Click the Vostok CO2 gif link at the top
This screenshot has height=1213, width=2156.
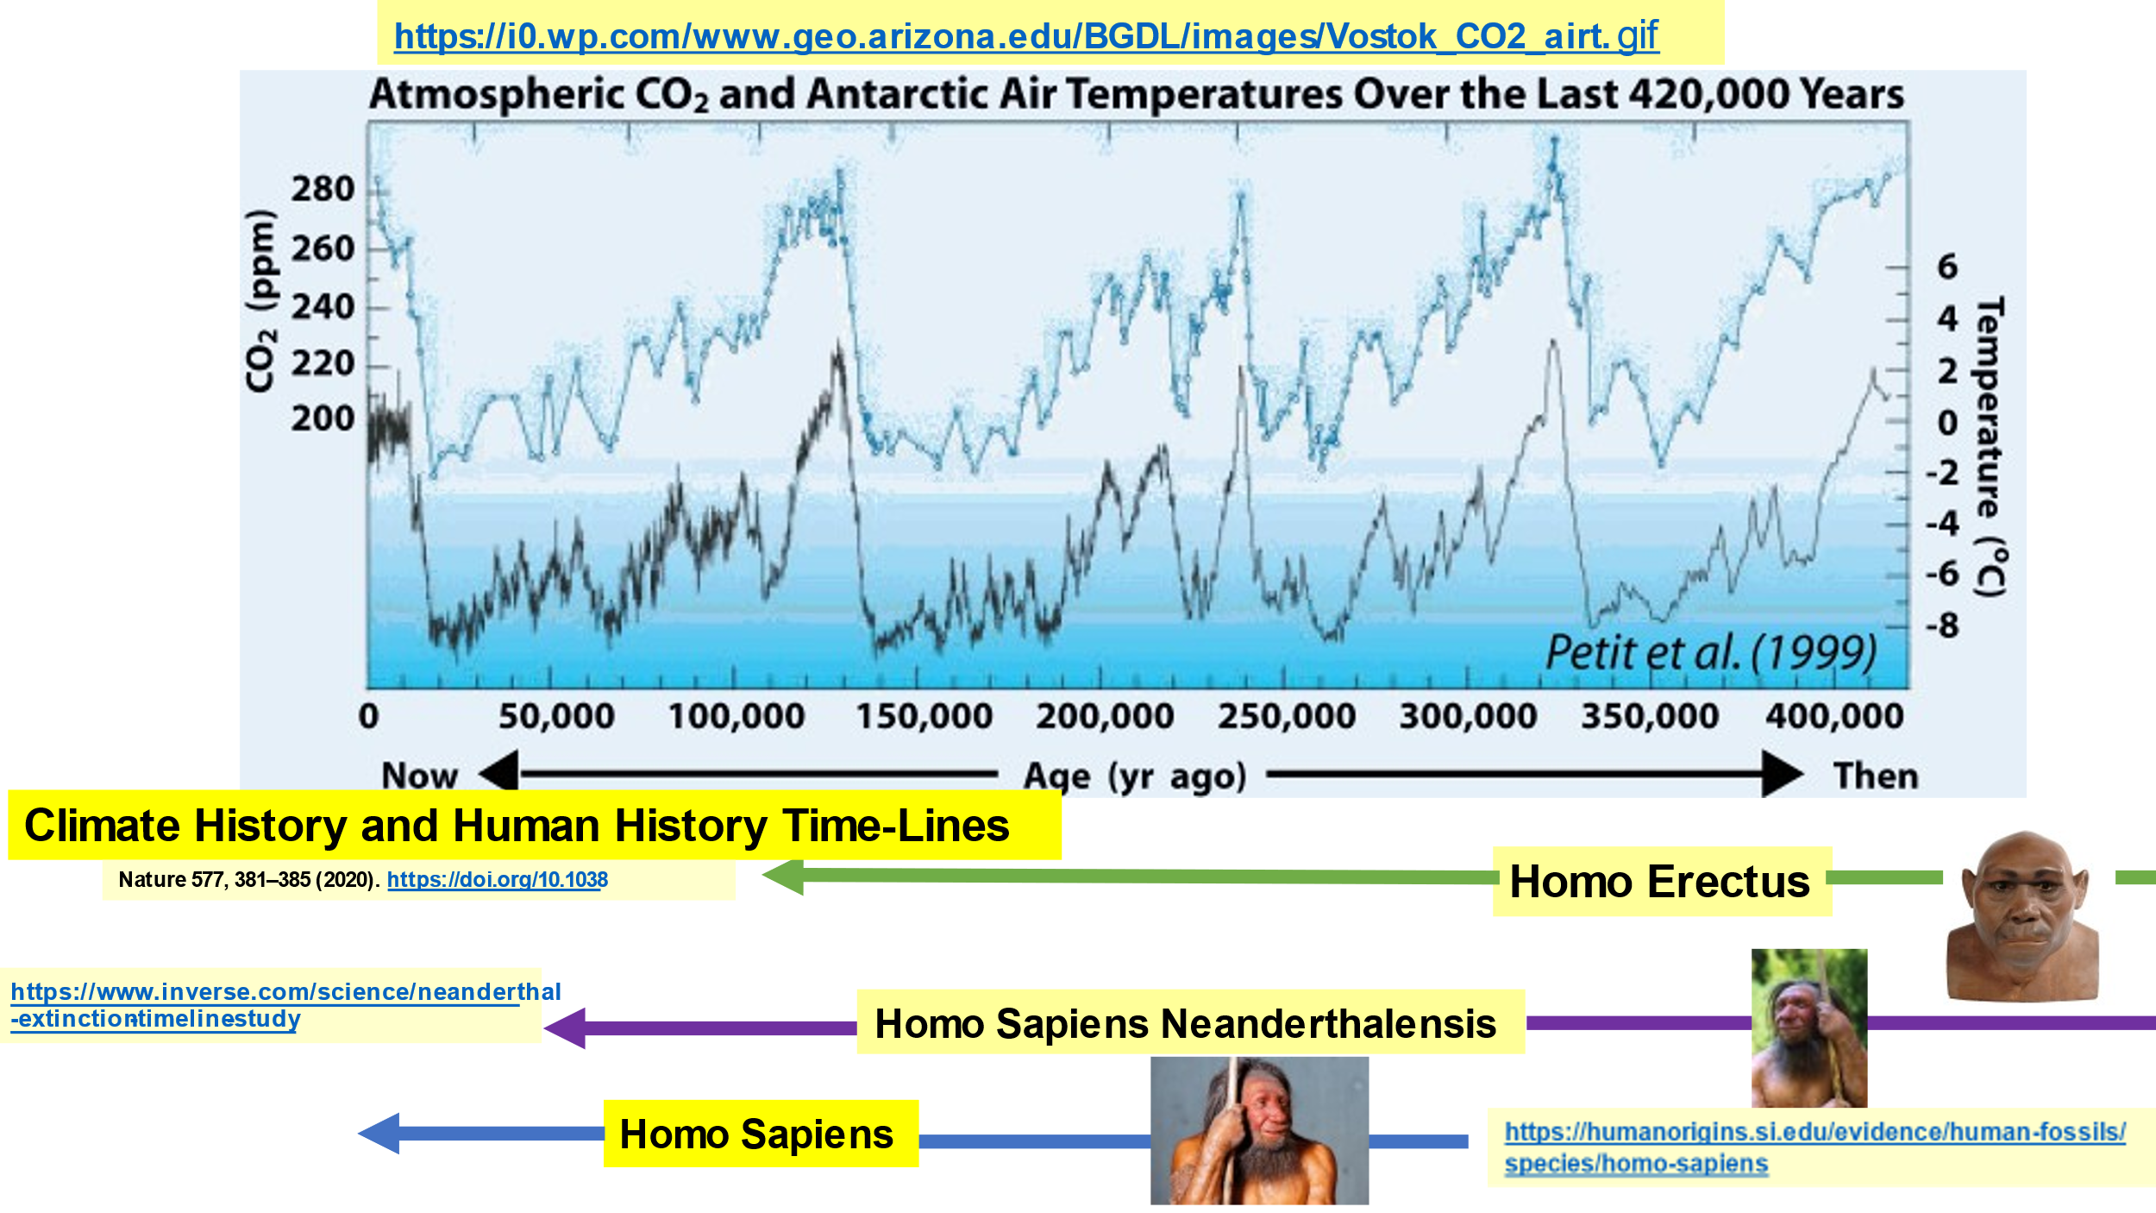[x=1026, y=36]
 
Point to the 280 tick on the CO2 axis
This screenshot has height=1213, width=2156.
[x=323, y=189]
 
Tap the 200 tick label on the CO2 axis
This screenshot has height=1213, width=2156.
[x=323, y=418]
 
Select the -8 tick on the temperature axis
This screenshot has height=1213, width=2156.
[x=1942, y=625]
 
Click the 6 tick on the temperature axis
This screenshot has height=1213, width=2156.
[x=1947, y=267]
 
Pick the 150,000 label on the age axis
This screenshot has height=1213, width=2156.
[x=924, y=716]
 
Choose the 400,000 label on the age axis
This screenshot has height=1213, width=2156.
[x=1834, y=716]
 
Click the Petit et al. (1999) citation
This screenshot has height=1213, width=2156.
[x=1711, y=652]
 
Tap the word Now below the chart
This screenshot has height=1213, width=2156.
[x=420, y=776]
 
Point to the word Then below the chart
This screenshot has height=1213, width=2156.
[x=1876, y=776]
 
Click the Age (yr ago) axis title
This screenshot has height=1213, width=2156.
[x=1135, y=776]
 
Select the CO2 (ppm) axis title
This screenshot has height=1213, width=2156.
[x=261, y=301]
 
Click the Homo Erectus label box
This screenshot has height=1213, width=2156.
[x=1662, y=881]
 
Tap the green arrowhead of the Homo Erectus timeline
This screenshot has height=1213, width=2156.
[x=783, y=877]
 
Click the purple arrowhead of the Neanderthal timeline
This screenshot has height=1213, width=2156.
[x=565, y=1028]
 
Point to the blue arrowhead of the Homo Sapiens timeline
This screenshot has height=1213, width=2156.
[x=379, y=1133]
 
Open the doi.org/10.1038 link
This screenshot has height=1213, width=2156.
[x=498, y=879]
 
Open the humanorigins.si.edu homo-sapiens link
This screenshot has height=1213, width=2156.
[x=1814, y=1147]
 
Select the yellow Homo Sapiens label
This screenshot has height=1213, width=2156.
[x=761, y=1134]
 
